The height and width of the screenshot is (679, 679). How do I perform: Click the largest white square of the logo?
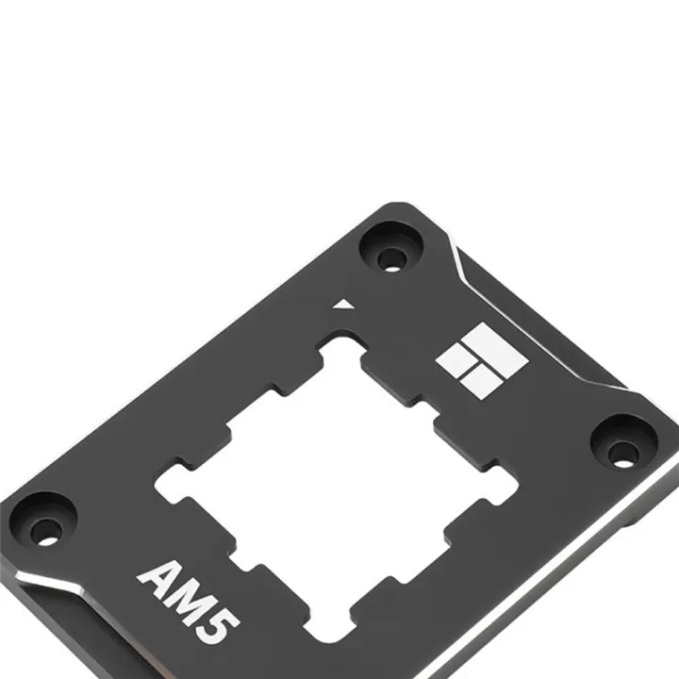click(x=497, y=347)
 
